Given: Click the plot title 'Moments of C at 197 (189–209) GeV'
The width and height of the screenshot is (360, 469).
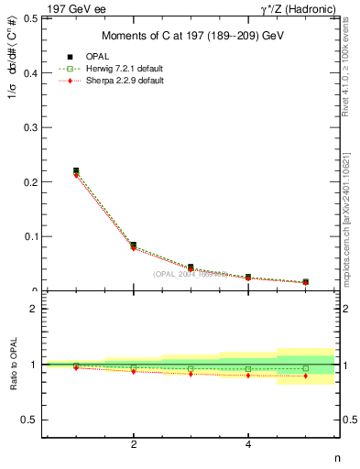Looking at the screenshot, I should click(x=191, y=36).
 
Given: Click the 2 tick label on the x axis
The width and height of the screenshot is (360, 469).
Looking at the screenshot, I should click(x=134, y=445).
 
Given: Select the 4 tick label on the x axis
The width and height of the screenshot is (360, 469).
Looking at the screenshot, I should click(x=248, y=445).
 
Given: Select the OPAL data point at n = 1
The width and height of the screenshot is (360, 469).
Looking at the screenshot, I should click(x=76, y=170).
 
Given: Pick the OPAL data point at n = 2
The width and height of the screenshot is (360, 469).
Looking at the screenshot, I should click(x=134, y=245).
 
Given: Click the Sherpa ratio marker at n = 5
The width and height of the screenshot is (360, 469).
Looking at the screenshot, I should click(x=305, y=376).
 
